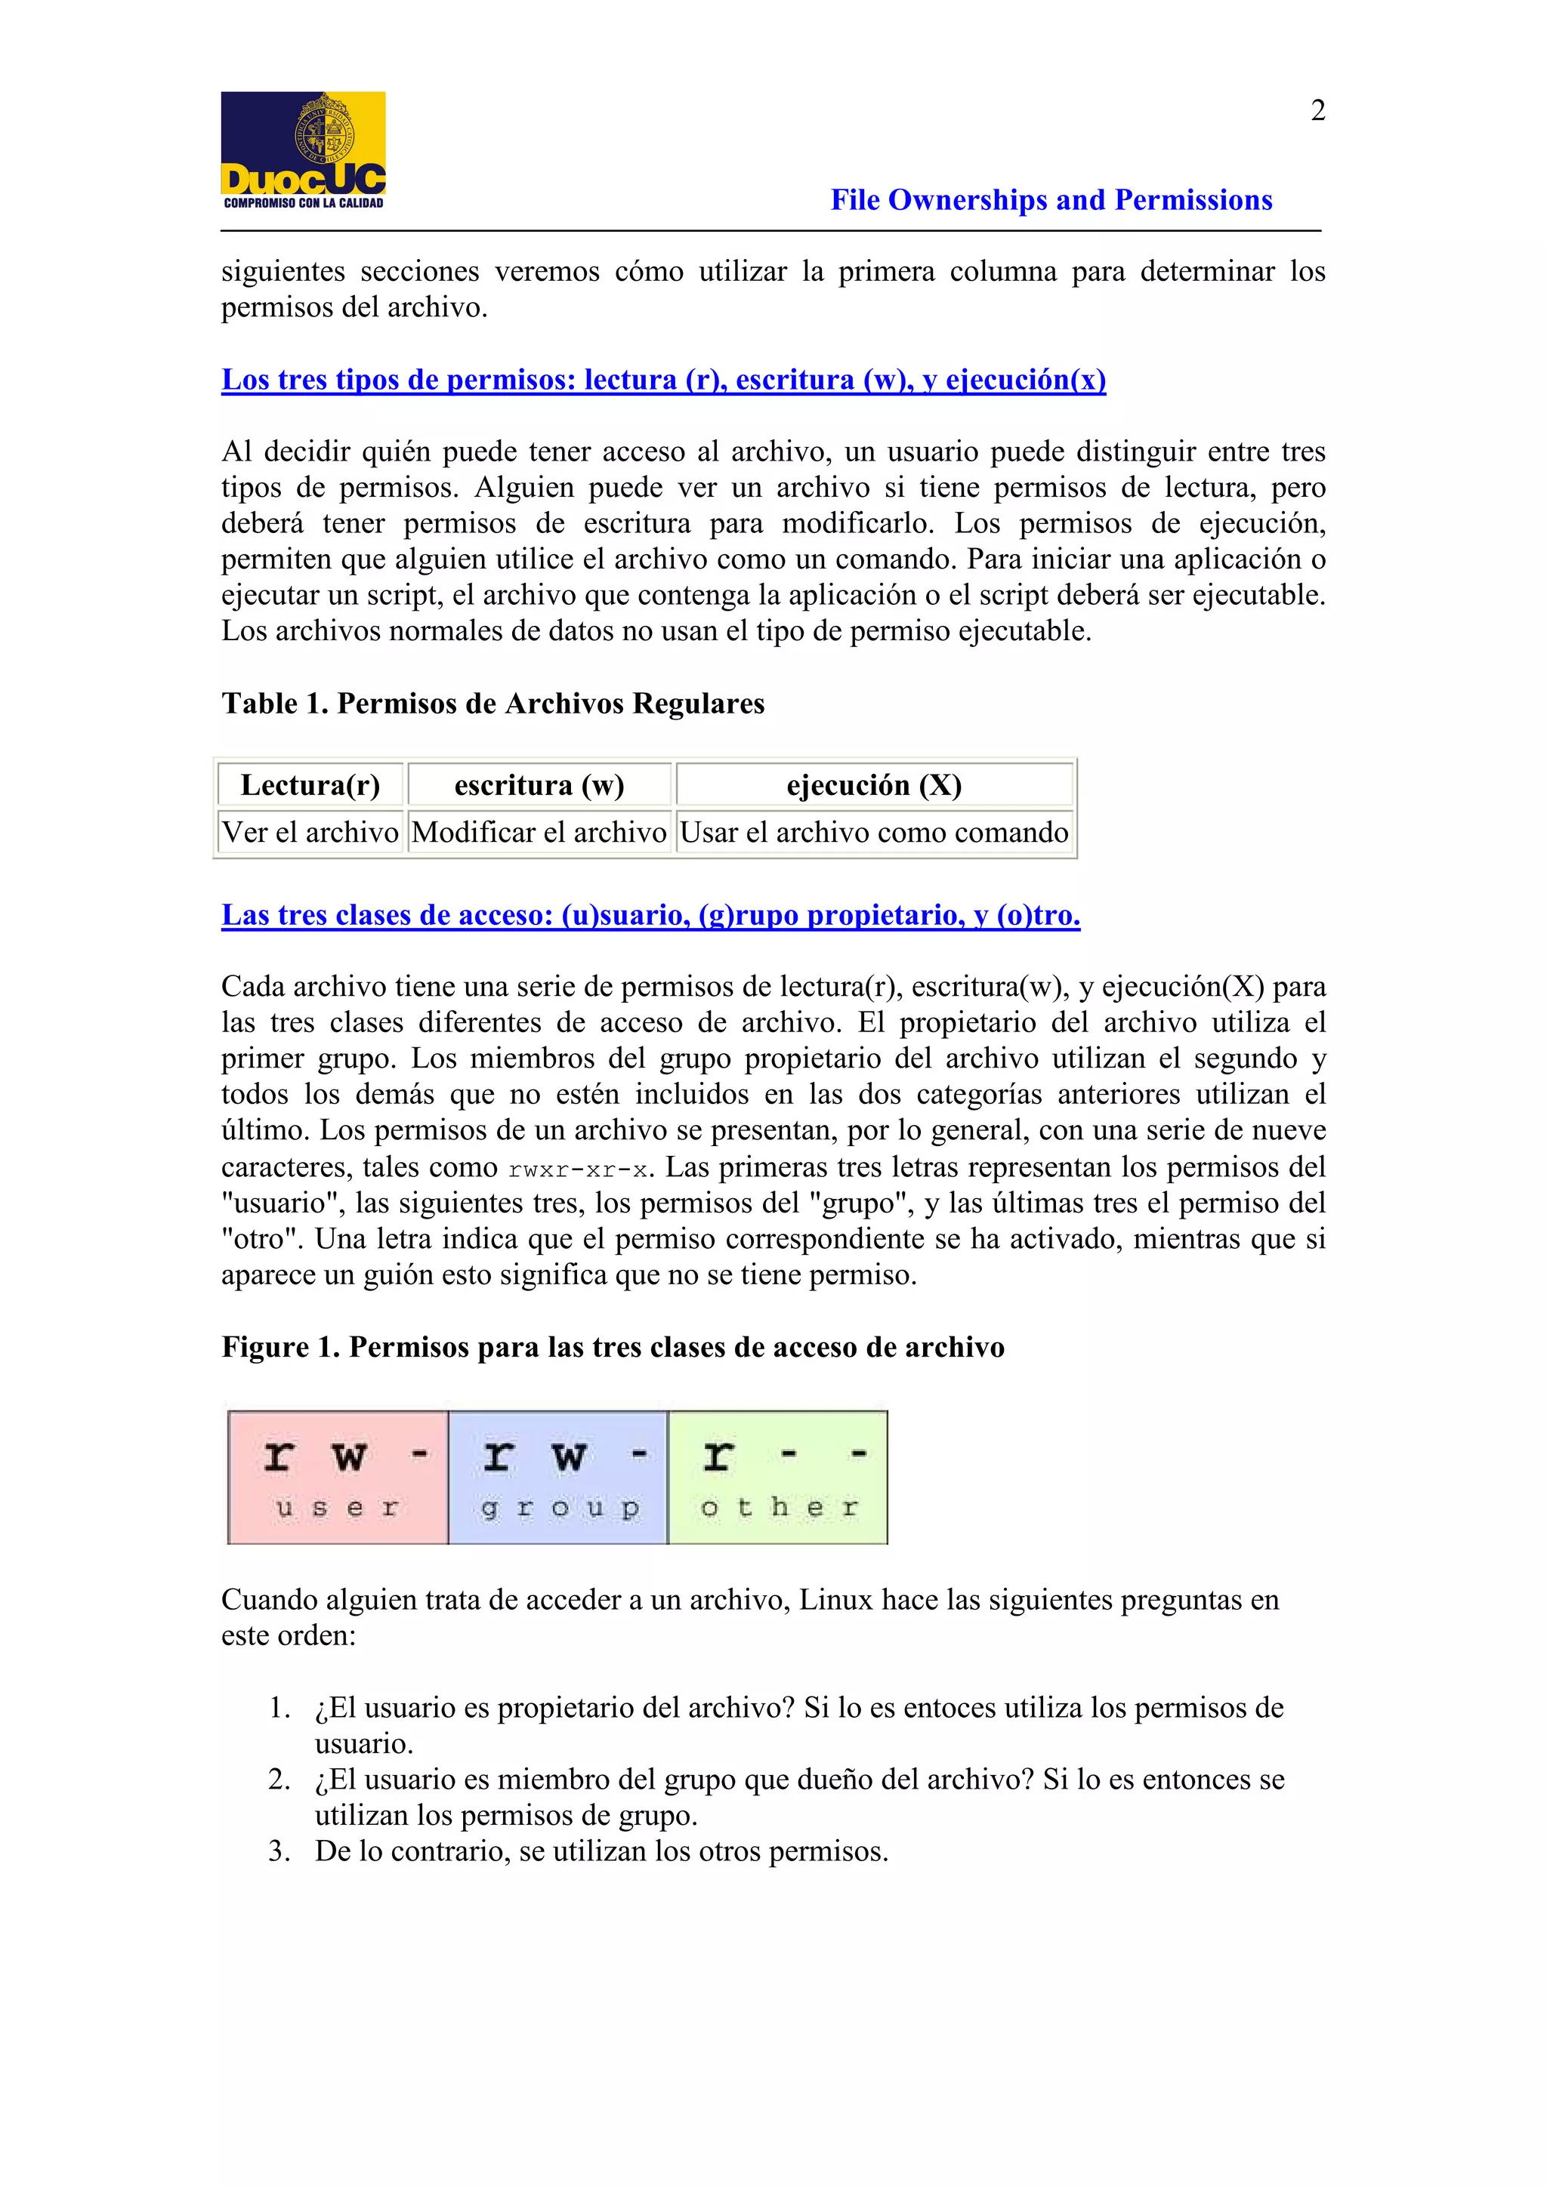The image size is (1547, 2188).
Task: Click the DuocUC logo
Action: (x=303, y=150)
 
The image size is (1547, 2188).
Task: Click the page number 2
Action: (x=1317, y=110)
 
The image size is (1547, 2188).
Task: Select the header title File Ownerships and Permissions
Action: (x=1051, y=200)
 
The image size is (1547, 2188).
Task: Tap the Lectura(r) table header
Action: (x=310, y=784)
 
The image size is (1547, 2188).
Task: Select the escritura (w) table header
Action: (x=539, y=784)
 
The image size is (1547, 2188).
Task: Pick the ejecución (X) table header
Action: (x=873, y=784)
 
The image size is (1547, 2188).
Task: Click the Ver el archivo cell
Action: (x=310, y=832)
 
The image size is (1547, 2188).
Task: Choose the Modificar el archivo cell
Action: (x=539, y=832)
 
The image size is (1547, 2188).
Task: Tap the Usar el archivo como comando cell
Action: (x=873, y=832)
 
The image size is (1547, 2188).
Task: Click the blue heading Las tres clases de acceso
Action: (x=650, y=915)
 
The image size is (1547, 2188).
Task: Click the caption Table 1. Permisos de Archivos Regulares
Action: (x=493, y=704)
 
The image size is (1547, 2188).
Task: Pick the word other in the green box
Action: (x=779, y=1508)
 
